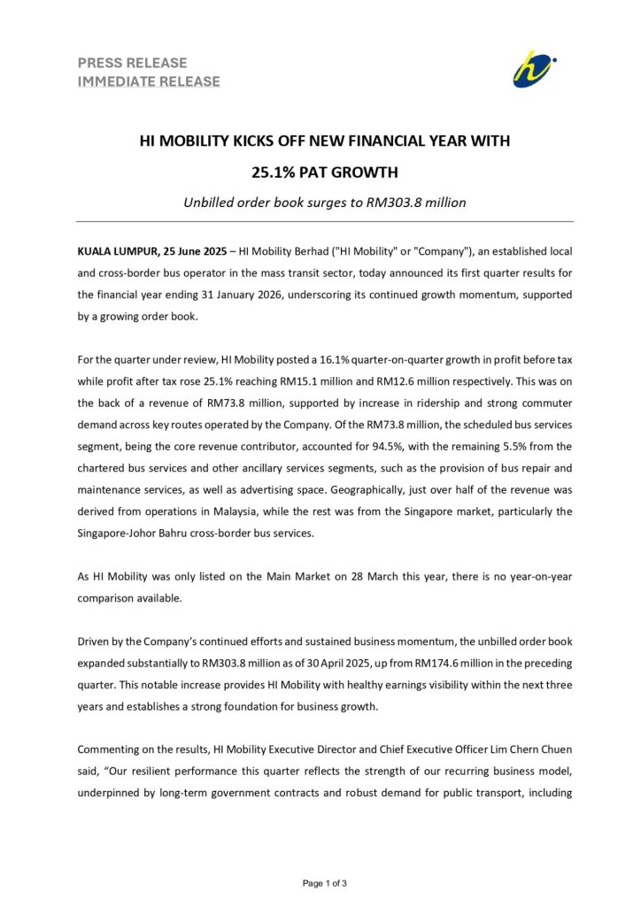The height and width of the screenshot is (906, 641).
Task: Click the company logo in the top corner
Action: click(x=534, y=69)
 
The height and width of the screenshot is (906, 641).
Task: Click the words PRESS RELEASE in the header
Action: click(x=133, y=63)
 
